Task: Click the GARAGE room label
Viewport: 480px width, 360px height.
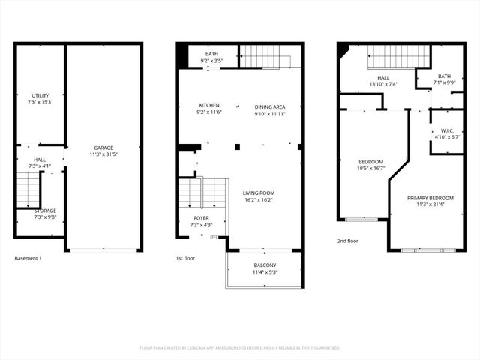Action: pyautogui.click(x=103, y=148)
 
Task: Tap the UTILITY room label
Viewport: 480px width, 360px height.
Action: pyautogui.click(x=40, y=95)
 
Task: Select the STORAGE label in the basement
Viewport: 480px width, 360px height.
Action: pyautogui.click(x=45, y=211)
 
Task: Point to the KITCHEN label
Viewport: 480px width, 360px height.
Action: pyautogui.click(x=209, y=105)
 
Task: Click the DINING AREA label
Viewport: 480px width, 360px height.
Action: pyautogui.click(x=269, y=106)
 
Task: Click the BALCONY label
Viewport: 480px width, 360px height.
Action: pyautogui.click(x=264, y=265)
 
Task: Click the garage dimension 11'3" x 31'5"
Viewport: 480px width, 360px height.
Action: pyautogui.click(x=103, y=154)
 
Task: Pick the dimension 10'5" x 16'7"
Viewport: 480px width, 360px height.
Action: pyautogui.click(x=370, y=169)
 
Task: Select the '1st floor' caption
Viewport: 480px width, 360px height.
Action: pyautogui.click(x=185, y=258)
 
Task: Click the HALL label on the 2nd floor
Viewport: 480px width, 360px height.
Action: pyautogui.click(x=383, y=77)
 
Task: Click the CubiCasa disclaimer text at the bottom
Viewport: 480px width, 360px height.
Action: pyautogui.click(x=240, y=348)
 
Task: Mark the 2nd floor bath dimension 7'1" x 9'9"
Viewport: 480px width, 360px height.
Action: pyautogui.click(x=445, y=82)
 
